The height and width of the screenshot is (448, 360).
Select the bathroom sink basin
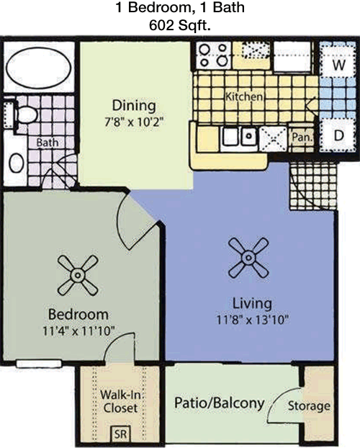17,163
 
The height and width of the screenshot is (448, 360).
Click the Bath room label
48,143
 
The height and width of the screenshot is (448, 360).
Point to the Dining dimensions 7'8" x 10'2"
134,122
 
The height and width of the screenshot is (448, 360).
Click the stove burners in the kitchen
213,55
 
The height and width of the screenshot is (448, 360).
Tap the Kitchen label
244,97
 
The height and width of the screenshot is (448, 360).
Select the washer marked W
339,65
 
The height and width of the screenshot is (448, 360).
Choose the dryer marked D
339,135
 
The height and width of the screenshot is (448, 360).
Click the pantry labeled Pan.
302,138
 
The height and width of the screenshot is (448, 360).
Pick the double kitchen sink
240,136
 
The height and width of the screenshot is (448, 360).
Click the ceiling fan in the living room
248,258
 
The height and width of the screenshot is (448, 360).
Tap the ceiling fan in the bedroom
78,275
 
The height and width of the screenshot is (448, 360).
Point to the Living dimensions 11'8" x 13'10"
252,319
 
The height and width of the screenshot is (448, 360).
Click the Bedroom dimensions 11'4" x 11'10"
78,331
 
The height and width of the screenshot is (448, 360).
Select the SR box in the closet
120,434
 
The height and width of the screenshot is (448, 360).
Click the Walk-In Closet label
120,401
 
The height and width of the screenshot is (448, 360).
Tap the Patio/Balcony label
219,403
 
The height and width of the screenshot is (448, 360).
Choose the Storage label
309,406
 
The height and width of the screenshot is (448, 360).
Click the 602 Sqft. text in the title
180,26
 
